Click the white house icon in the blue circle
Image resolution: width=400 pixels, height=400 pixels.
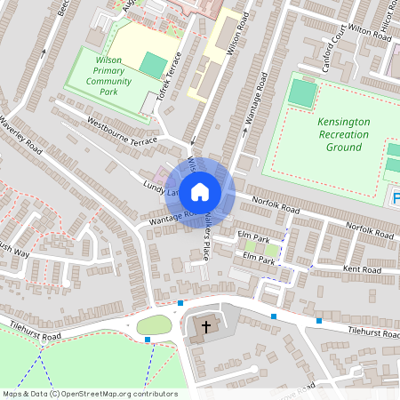[x=200, y=191]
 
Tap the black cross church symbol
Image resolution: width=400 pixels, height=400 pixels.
[x=206, y=327]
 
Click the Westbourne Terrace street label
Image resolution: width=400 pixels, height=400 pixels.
[x=123, y=130]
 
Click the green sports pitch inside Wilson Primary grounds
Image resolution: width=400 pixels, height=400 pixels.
[x=153, y=65]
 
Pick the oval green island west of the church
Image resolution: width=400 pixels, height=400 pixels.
[x=154, y=324]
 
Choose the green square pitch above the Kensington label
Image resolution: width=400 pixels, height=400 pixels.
[x=302, y=92]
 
